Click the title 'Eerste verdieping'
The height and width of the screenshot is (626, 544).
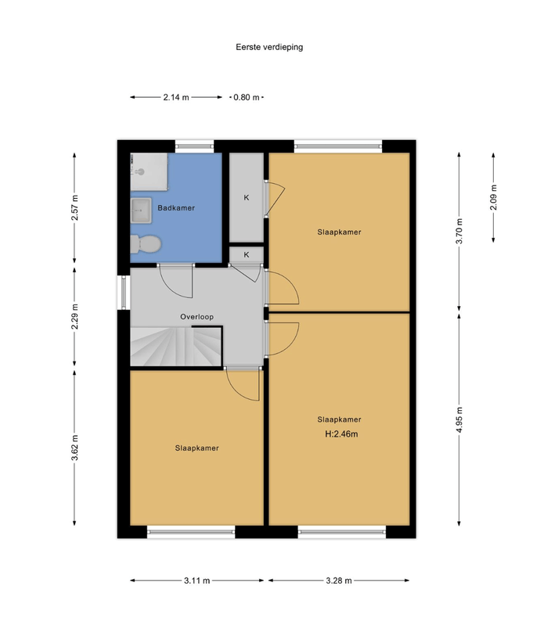coord(269,47)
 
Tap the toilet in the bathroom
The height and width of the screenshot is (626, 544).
coord(145,245)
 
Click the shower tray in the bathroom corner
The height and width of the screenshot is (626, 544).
coord(149,171)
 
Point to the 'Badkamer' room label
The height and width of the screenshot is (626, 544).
coord(176,208)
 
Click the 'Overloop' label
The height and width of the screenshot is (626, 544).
coord(197,317)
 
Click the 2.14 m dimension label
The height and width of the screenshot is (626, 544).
coord(176,98)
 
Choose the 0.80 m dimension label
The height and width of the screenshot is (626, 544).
coord(247,98)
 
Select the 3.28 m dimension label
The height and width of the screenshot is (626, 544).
coord(339,581)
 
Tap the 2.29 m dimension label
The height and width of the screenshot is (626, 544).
coord(75,317)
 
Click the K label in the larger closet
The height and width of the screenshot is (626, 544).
coord(247,197)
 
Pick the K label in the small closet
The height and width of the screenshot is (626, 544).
coord(247,254)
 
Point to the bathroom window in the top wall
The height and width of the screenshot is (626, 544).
coord(194,144)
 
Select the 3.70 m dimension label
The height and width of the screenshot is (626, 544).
coord(459,231)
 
